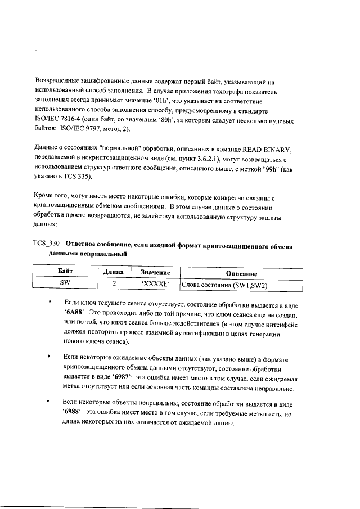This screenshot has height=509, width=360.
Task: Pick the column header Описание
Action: pyautogui.click(x=241, y=272)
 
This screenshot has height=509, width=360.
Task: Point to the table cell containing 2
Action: pyautogui.click(x=114, y=284)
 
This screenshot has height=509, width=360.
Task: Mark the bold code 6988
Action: pyautogui.click(x=74, y=413)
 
